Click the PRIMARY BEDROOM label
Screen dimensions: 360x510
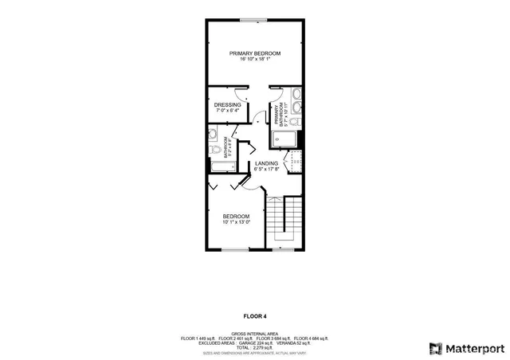[x=256, y=53]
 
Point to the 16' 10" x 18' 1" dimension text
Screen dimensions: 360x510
[x=256, y=60]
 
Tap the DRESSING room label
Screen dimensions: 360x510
[x=227, y=104]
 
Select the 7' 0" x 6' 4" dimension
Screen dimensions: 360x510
[x=227, y=111]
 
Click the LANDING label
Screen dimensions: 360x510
[x=266, y=163]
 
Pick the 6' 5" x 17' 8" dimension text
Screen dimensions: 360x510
[x=266, y=169]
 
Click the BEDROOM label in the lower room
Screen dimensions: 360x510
[x=236, y=216]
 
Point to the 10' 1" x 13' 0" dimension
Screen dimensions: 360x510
[x=236, y=221]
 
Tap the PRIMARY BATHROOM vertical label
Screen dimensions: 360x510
[x=280, y=116]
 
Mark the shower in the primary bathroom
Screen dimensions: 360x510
[x=285, y=139]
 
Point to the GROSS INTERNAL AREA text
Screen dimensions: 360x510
[x=255, y=334]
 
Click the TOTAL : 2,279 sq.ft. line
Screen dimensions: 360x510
[x=255, y=347]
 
